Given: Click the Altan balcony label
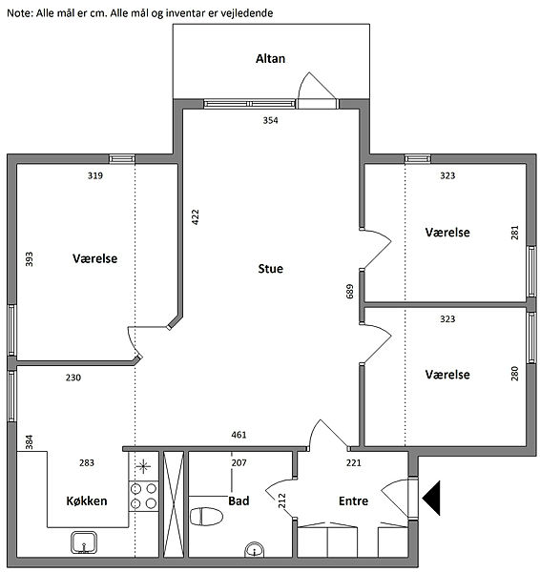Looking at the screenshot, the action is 270,59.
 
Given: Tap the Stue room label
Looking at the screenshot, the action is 270,269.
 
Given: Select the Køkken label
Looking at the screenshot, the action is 87,500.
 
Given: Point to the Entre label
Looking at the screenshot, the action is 353,500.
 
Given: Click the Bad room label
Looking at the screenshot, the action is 239,500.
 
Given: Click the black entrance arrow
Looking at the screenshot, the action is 431,498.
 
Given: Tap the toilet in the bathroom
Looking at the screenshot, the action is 206,517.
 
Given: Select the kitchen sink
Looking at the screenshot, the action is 84,542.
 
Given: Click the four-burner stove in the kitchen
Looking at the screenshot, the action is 143,496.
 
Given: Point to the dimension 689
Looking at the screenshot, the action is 350,292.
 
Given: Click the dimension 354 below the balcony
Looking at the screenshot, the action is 270,120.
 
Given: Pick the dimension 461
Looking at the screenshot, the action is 239,435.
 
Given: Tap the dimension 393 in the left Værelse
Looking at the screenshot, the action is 30,259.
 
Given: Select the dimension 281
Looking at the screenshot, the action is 514,233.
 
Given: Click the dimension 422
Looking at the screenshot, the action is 196,217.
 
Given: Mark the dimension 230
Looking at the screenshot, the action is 73,378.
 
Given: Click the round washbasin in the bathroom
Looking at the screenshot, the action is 254,550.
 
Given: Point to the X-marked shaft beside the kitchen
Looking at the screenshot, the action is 174,504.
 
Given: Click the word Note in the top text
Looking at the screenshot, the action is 20,13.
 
